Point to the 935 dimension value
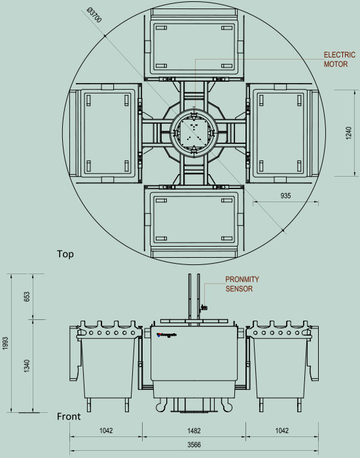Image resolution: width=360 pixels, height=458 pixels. click(285, 196)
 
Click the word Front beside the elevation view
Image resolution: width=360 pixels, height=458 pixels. click(69, 416)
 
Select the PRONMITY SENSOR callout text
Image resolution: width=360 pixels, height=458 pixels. click(242, 284)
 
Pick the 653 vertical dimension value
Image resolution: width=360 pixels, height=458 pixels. click(27, 296)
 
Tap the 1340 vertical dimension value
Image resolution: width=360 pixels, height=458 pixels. click(27, 366)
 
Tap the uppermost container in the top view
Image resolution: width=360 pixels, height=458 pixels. click(193, 46)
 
